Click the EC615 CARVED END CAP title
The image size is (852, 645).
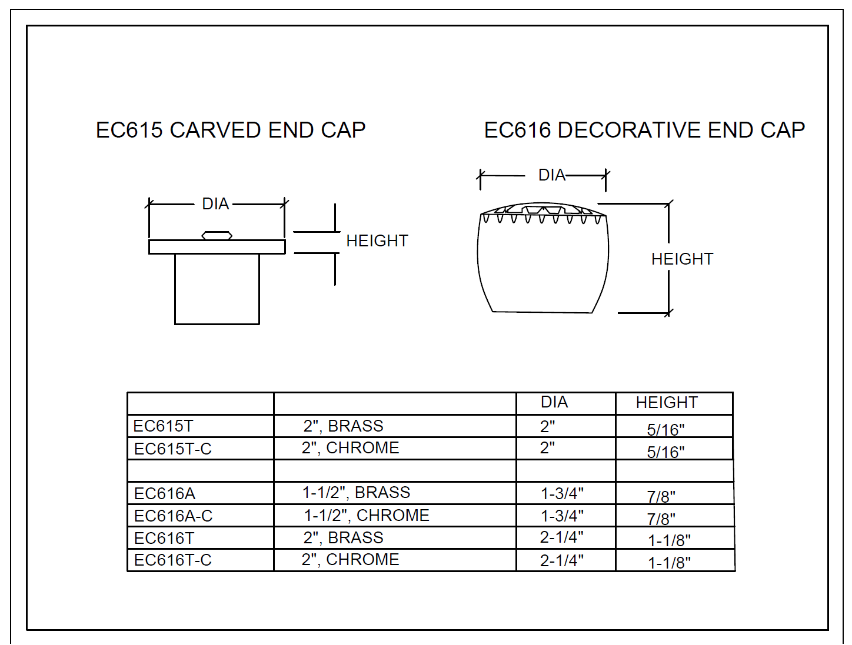(x=231, y=130)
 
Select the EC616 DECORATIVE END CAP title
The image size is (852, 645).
(x=644, y=130)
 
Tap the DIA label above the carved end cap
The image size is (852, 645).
(x=215, y=203)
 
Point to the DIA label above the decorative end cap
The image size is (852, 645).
(x=552, y=175)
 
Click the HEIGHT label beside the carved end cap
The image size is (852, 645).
(x=377, y=241)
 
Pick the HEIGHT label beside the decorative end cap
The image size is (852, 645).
(x=682, y=259)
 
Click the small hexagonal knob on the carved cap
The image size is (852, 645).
(x=217, y=235)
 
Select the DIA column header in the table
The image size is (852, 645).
(x=554, y=402)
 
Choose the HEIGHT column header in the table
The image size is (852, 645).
(x=667, y=403)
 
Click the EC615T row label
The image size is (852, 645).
(x=163, y=426)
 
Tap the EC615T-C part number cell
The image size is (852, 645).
(x=173, y=449)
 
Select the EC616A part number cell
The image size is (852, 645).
(x=165, y=494)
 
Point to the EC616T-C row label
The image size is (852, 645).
(x=173, y=560)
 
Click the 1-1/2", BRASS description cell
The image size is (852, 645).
(x=357, y=493)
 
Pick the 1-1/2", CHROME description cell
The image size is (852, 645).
(x=367, y=516)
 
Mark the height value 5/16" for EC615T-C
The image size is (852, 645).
(x=665, y=452)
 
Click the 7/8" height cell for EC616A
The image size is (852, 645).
(x=661, y=497)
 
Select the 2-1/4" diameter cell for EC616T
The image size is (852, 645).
(x=562, y=537)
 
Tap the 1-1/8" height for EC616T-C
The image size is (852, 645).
(x=669, y=563)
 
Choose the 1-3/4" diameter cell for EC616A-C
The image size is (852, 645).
(x=562, y=516)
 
